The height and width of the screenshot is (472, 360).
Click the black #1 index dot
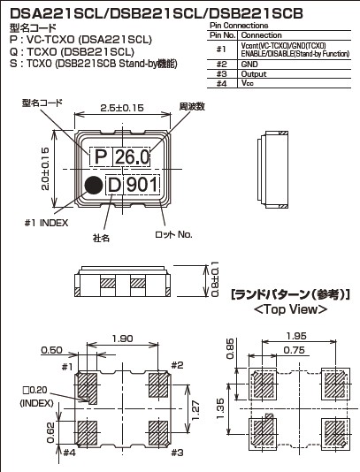[94, 185]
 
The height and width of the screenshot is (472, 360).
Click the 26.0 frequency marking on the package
[132, 156]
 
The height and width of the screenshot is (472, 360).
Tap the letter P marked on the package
[101, 156]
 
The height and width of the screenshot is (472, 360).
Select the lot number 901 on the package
[142, 185]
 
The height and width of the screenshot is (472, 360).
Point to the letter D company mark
[114, 185]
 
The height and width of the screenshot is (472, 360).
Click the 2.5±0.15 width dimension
[122, 108]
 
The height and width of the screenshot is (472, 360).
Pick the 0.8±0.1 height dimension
[214, 279]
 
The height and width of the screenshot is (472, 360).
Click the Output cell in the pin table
[254, 74]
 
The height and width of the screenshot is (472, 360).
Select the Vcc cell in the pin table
[248, 83]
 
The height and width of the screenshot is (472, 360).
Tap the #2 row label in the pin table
[221, 65]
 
